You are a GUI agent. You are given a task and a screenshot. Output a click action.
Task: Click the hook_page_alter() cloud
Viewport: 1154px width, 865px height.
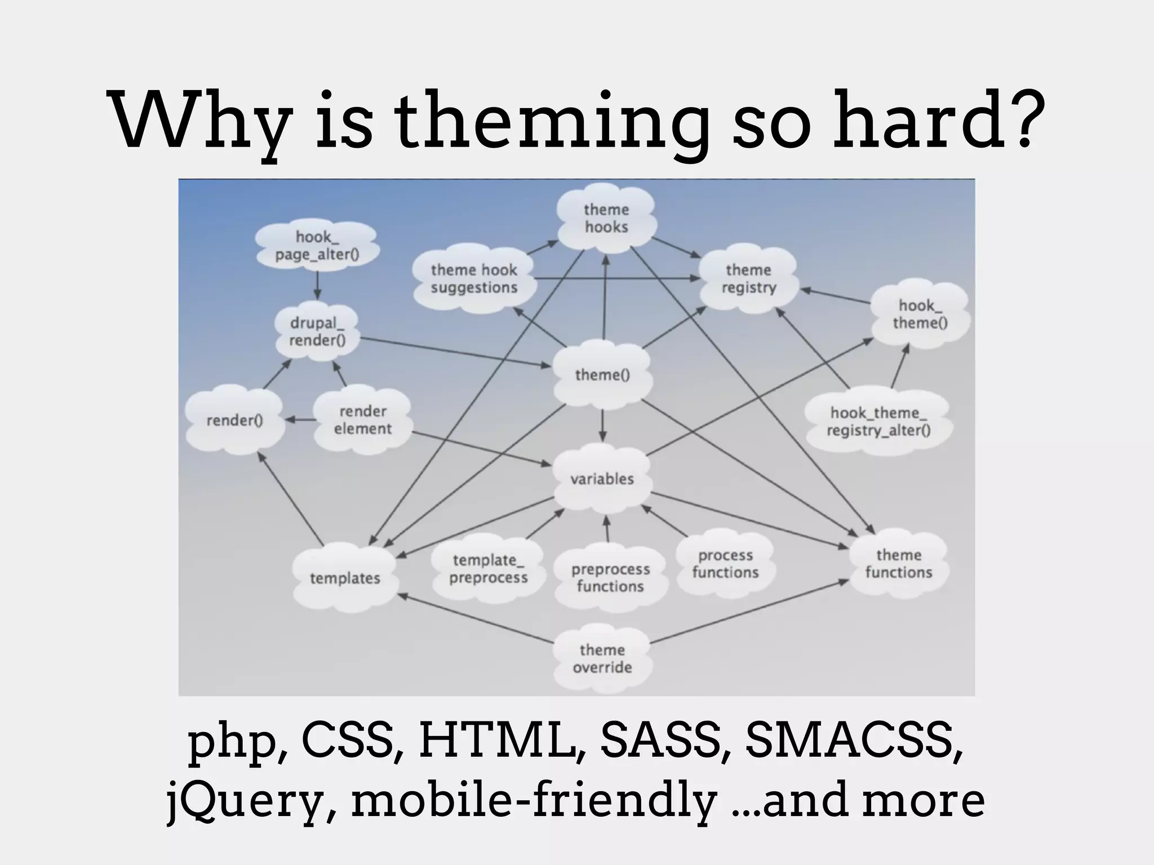click(x=317, y=246)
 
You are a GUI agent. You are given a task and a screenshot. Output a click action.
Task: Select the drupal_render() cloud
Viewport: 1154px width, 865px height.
click(x=317, y=332)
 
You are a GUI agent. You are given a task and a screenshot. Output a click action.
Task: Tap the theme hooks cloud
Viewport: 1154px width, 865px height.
click(x=606, y=219)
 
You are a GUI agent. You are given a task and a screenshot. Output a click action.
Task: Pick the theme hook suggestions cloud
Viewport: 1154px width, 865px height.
click(x=474, y=279)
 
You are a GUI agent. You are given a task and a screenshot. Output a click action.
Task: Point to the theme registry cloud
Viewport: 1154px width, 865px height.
click(x=749, y=279)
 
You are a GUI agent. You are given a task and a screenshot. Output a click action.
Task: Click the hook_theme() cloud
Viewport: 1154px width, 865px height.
click(x=920, y=314)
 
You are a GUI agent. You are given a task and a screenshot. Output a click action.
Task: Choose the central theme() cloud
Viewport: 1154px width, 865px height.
click(x=602, y=375)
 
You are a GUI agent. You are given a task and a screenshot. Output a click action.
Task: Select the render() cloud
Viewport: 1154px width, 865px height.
click(x=234, y=420)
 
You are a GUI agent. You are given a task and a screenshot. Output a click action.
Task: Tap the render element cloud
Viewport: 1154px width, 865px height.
click(x=362, y=420)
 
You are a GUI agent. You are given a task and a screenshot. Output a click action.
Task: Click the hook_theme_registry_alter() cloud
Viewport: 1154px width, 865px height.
click(x=878, y=422)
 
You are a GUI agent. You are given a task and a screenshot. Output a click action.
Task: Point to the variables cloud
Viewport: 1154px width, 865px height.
click(x=602, y=479)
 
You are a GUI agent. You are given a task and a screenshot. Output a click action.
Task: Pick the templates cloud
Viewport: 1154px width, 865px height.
click(x=345, y=578)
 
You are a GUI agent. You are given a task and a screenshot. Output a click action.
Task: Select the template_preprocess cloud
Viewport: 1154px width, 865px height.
click(x=488, y=569)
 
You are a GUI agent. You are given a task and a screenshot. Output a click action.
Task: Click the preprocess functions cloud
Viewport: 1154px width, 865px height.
click(x=610, y=578)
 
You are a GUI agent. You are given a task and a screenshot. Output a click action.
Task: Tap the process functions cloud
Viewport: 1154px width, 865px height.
click(x=725, y=564)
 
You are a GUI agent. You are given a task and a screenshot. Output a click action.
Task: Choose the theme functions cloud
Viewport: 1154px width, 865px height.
click(x=899, y=564)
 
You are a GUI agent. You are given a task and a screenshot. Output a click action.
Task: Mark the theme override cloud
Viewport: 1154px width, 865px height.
click(x=602, y=659)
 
